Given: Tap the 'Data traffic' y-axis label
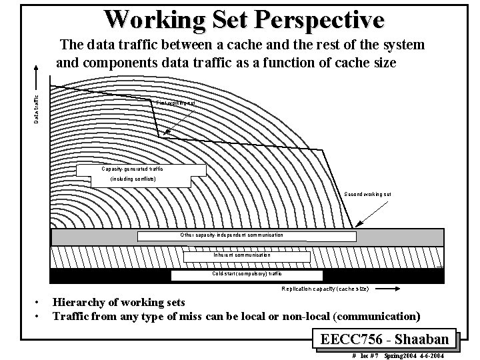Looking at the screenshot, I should [37, 107].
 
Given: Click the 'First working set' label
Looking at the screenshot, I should [175, 103].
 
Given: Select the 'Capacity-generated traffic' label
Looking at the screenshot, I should [132, 169].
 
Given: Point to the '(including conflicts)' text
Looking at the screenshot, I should [133, 179].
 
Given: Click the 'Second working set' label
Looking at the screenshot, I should [367, 194].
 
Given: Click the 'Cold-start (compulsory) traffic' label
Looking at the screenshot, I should [247, 273].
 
